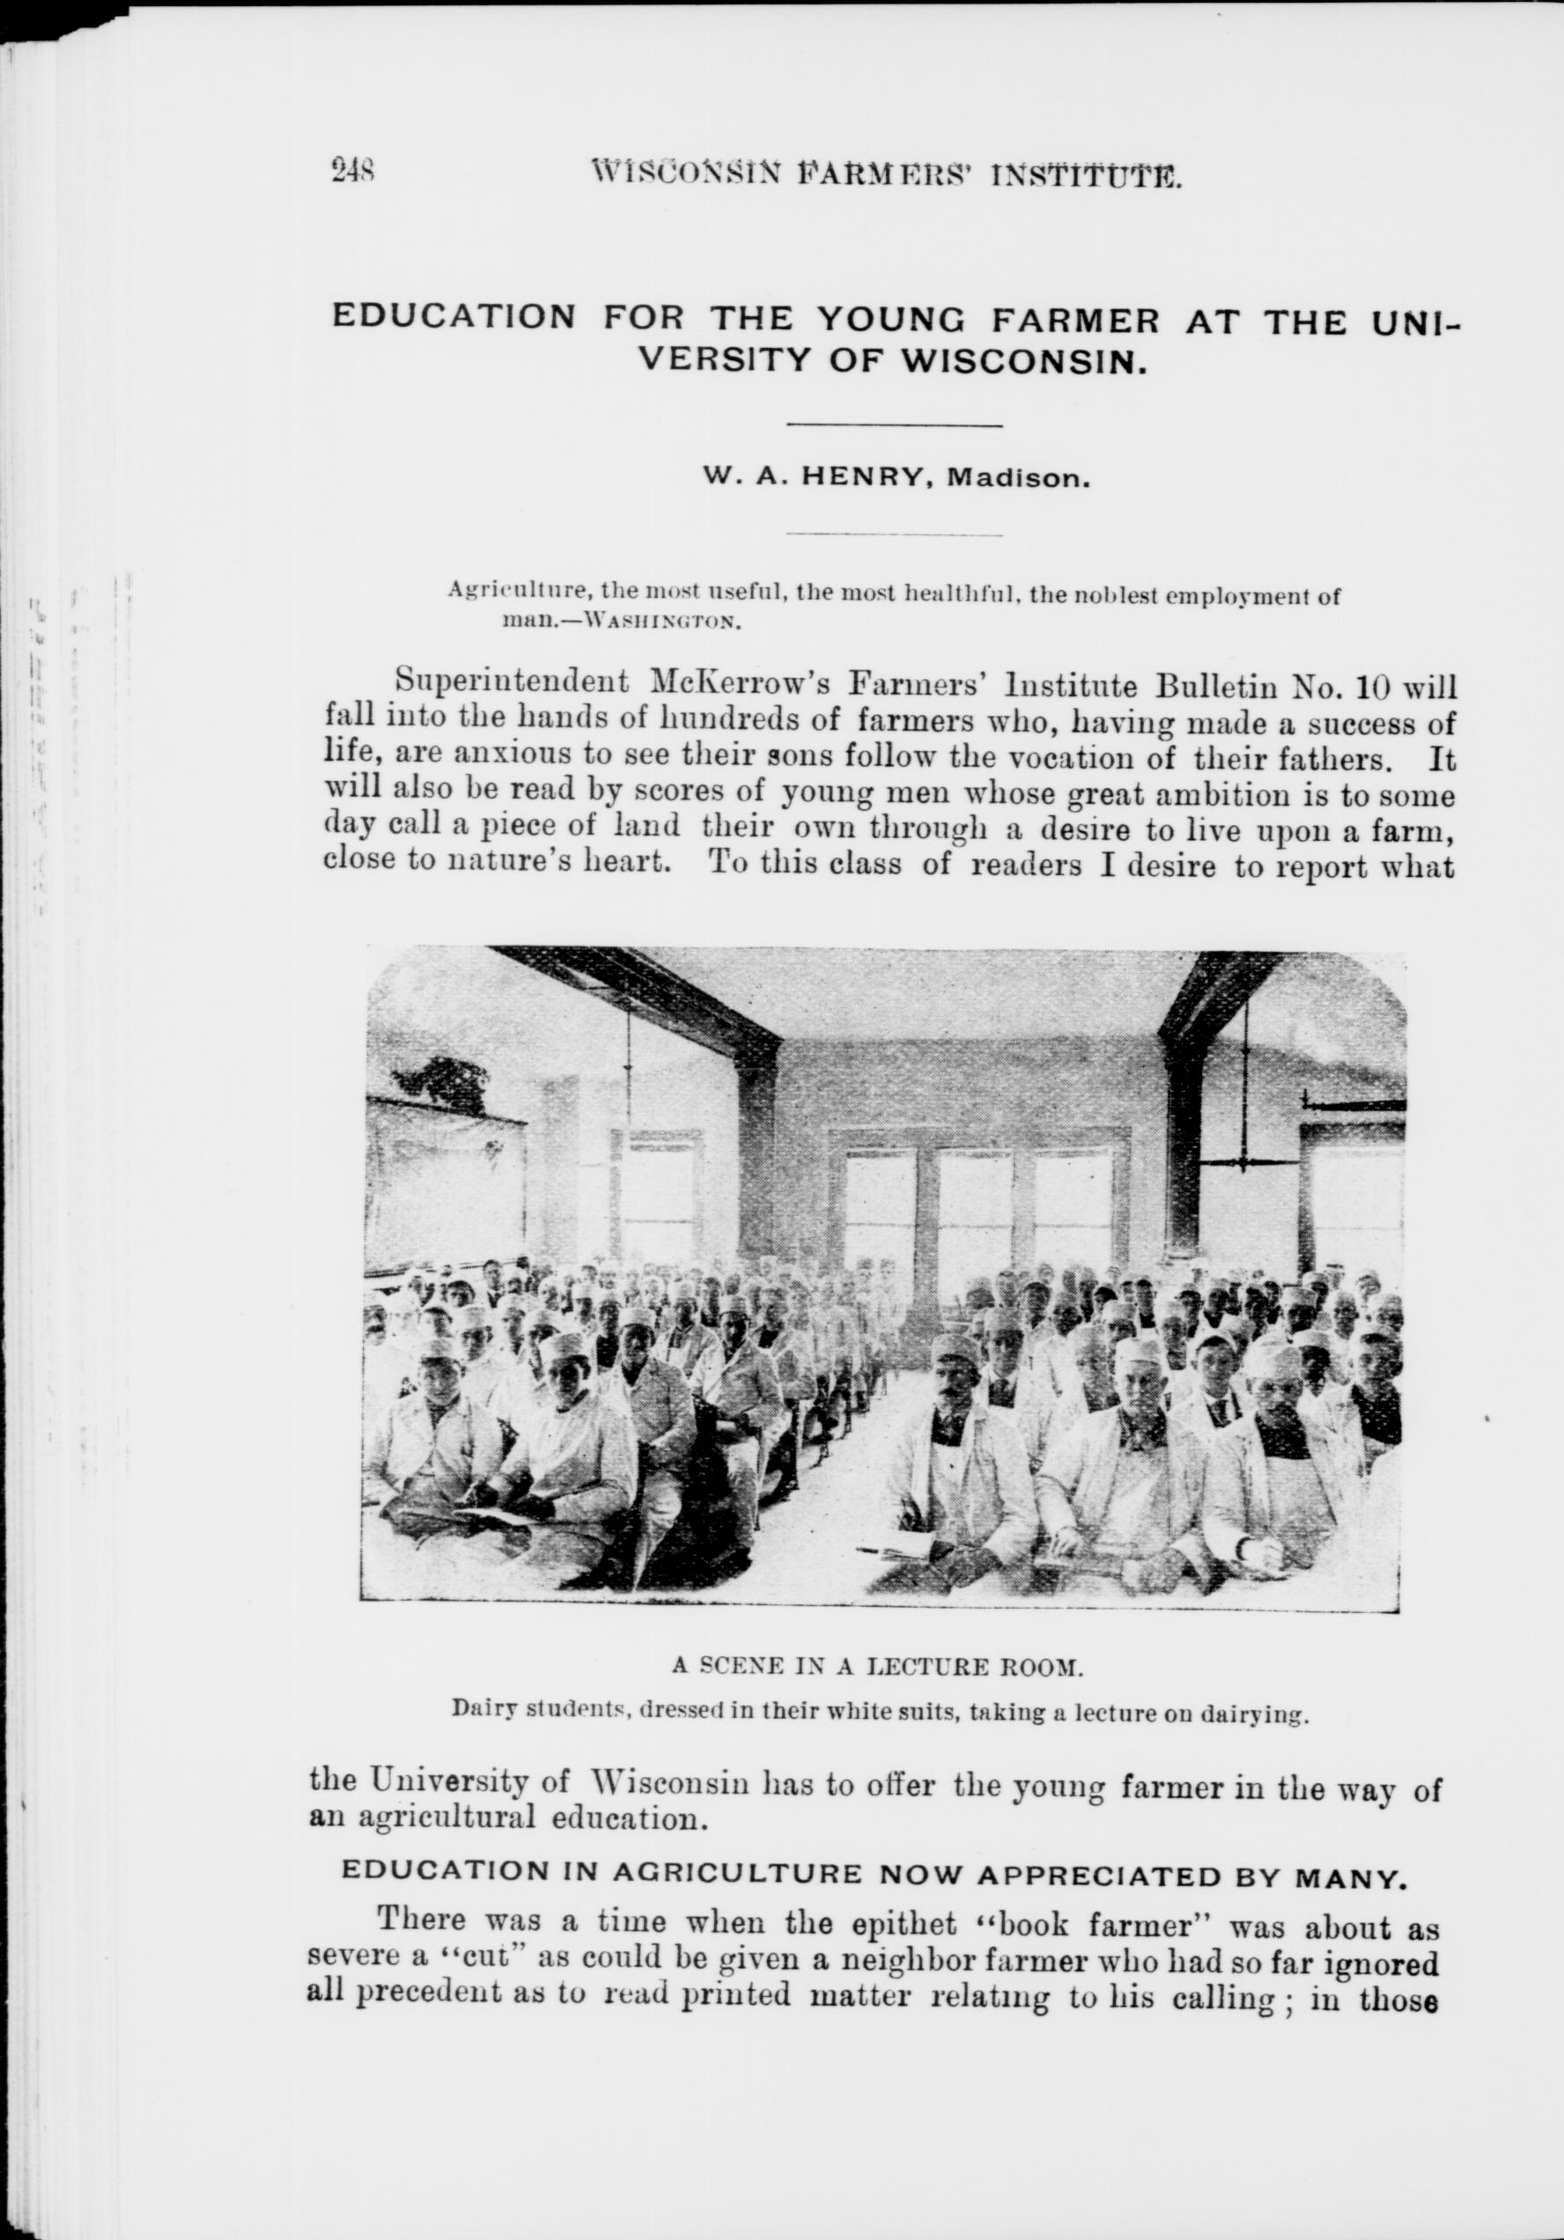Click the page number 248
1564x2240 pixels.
click(354, 172)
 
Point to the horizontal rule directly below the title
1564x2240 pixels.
click(894, 424)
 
